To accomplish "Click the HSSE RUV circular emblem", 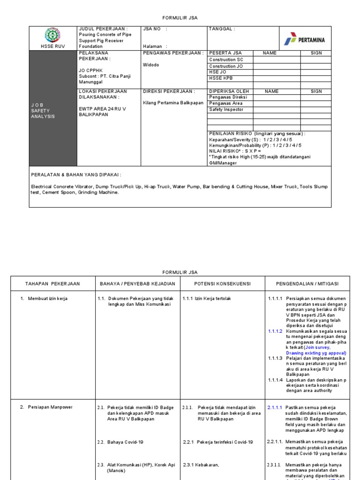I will pyautogui.click(x=52, y=35).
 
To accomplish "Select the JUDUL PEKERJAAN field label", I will pyautogui.click(x=103, y=29).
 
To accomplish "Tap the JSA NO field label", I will pyautogui.click(x=155, y=29).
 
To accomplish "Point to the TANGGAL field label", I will pyautogui.click(x=222, y=29).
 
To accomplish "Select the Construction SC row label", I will pyautogui.click(x=226, y=60).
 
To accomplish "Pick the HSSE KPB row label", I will pyautogui.click(x=222, y=78).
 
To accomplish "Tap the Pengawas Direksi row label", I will pyautogui.click(x=228, y=97).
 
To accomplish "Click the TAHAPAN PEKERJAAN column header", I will pyautogui.click(x=52, y=284).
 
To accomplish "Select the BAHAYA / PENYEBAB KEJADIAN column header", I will pyautogui.click(x=136, y=284).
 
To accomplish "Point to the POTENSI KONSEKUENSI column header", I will pyautogui.click(x=223, y=284).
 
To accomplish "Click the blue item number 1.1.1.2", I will pyautogui.click(x=275, y=331).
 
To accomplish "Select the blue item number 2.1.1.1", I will pyautogui.click(x=275, y=407).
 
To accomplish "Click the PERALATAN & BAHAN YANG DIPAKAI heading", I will pyautogui.click(x=76, y=174).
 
